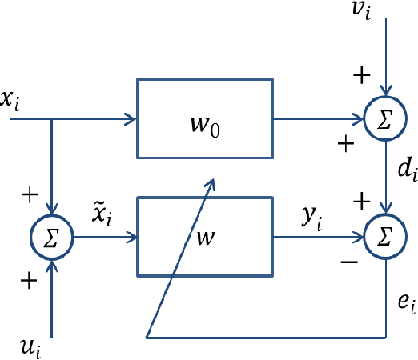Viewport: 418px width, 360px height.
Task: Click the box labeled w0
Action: [x=205, y=118]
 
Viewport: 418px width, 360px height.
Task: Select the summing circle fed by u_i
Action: [x=51, y=237]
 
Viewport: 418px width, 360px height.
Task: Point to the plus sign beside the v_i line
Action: [x=362, y=76]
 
